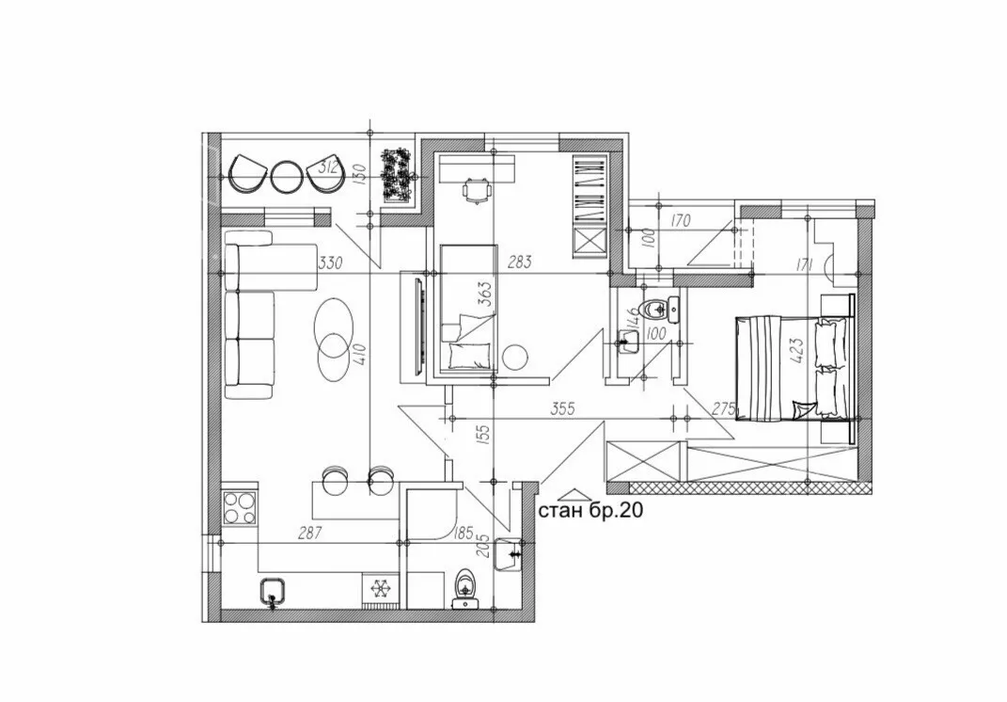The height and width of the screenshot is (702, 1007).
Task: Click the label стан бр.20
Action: (590, 511)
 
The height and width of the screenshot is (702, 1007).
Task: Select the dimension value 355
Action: (562, 408)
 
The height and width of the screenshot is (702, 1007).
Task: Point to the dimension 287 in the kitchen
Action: (309, 533)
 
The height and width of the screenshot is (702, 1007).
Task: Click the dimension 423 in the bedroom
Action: (797, 352)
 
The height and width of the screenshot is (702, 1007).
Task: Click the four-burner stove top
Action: (240, 507)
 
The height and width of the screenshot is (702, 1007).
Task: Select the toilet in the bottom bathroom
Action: (464, 587)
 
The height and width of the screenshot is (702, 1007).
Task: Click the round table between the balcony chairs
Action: (287, 175)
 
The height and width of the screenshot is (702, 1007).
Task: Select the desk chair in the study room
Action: (476, 191)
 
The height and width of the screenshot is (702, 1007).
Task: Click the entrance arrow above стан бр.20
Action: (575, 494)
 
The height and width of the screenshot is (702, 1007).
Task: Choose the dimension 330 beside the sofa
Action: (330, 263)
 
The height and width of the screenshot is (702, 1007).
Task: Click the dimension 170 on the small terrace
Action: (679, 221)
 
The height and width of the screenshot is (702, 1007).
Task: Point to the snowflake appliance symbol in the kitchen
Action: (381, 587)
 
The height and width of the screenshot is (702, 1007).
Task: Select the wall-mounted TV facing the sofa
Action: (421, 327)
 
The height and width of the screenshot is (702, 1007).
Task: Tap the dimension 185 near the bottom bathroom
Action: (463, 533)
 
